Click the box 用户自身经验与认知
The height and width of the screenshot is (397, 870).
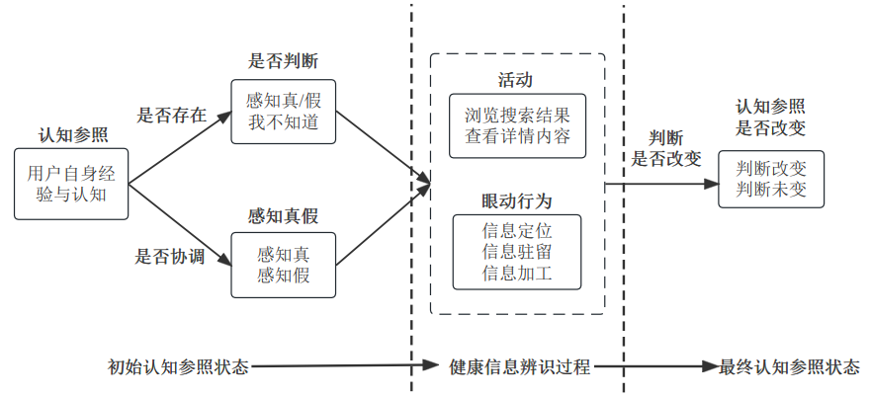(x=72, y=184)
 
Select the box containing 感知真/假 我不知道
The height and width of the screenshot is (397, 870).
(x=284, y=112)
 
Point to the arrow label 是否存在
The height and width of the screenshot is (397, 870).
(x=170, y=114)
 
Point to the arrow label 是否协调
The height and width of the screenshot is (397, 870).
(x=170, y=257)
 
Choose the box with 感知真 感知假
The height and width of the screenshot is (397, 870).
(x=284, y=265)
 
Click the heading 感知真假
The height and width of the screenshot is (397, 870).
(x=283, y=214)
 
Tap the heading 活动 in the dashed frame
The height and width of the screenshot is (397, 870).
(x=516, y=79)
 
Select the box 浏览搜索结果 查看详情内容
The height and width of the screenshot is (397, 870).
(x=517, y=124)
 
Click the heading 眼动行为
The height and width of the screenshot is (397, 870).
(x=517, y=200)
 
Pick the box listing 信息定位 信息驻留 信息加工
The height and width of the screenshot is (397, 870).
(x=517, y=252)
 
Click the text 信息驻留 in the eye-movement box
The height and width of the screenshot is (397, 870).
(x=517, y=253)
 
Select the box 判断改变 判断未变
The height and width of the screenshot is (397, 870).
(x=771, y=179)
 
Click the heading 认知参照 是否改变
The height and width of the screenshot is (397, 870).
(x=770, y=117)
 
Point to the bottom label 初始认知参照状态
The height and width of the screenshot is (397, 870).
(x=179, y=367)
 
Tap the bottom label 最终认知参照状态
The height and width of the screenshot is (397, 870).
(x=789, y=367)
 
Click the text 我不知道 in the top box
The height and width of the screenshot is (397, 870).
(x=284, y=122)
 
